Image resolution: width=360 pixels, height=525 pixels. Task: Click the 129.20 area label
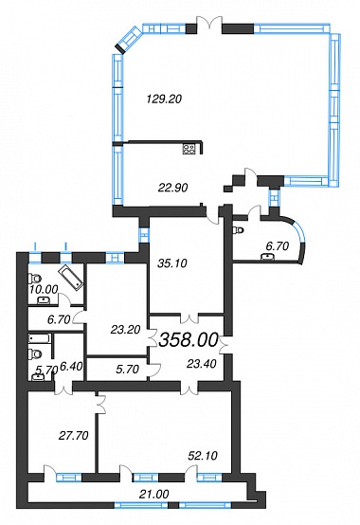pyautogui.click(x=164, y=100)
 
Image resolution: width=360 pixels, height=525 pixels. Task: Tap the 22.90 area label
pyautogui.click(x=172, y=188)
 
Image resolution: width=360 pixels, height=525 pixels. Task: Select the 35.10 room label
pyautogui.click(x=172, y=263)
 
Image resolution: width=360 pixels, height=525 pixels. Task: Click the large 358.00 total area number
pyautogui.click(x=189, y=340)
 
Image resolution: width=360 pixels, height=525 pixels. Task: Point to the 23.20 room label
pyautogui.click(x=125, y=330)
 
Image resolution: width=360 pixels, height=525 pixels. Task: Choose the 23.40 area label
pyautogui.click(x=202, y=363)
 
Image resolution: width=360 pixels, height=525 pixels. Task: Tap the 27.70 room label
pyautogui.click(x=73, y=435)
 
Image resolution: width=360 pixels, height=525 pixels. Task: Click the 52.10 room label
pyautogui.click(x=203, y=456)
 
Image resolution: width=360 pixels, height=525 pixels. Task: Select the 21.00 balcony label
pyautogui.click(x=154, y=494)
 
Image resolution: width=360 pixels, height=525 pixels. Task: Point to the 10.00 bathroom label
pyautogui.click(x=44, y=289)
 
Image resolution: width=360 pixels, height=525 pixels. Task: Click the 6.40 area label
pyautogui.click(x=71, y=368)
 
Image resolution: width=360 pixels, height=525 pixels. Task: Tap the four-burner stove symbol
pyautogui.click(x=189, y=149)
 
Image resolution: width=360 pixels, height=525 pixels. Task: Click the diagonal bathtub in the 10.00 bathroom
pyautogui.click(x=71, y=278)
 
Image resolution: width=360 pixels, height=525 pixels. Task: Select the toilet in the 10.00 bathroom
pyautogui.click(x=34, y=278)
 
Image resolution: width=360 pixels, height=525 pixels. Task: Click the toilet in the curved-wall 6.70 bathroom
pyautogui.click(x=239, y=230)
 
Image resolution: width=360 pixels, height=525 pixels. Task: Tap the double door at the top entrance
pyautogui.click(x=209, y=24)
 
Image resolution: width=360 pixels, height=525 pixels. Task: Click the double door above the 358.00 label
pyautogui.click(x=189, y=317)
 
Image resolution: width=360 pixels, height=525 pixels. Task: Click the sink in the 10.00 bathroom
pyautogui.click(x=44, y=299)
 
